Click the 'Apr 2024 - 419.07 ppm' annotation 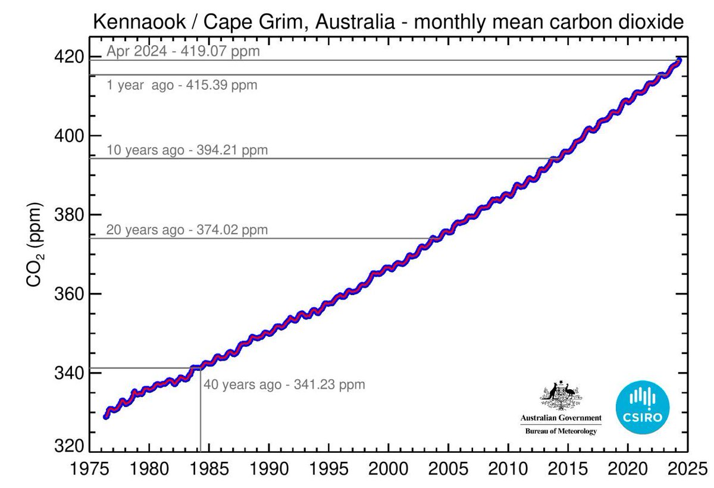[x=183, y=51]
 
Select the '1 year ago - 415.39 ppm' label [x=181, y=85]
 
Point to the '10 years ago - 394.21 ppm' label [x=187, y=150]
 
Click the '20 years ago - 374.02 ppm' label [x=187, y=230]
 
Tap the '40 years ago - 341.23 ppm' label [x=284, y=384]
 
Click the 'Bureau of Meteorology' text [x=560, y=431]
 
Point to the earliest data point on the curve [x=106, y=417]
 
